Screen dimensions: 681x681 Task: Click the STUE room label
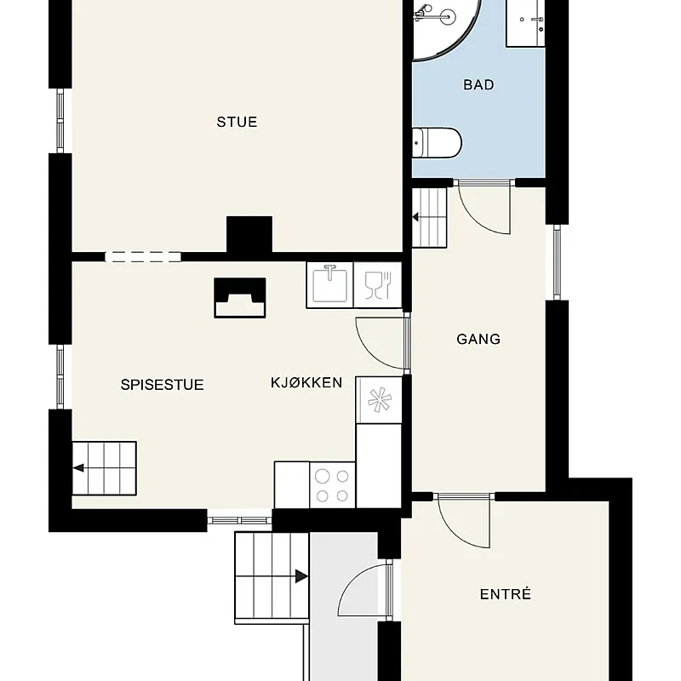(237, 122)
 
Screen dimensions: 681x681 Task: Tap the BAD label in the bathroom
(478, 84)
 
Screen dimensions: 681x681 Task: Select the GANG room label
(478, 339)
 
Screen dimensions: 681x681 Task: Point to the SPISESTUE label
(162, 385)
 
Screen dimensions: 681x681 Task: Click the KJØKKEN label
(306, 382)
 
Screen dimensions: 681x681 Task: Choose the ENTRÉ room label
(506, 594)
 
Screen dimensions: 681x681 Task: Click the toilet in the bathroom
(437, 142)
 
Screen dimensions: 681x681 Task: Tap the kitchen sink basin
(330, 285)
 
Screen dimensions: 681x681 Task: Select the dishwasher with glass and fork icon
(378, 285)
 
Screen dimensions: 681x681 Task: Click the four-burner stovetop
(332, 485)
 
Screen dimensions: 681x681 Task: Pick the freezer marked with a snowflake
(379, 400)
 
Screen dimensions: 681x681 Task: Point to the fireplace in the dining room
(240, 298)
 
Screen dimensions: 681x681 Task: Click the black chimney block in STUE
(249, 235)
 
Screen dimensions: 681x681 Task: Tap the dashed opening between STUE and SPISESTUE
(143, 257)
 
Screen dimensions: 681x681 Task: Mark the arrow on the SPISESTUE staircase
(78, 467)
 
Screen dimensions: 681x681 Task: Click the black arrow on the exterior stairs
(302, 576)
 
